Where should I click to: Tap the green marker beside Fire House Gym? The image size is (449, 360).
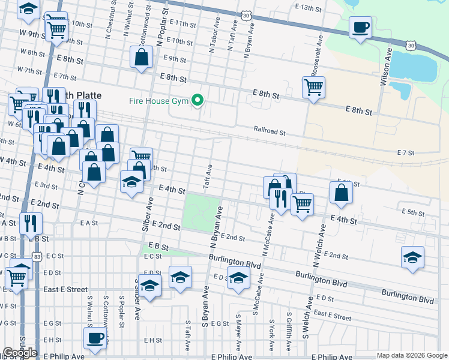point(196,100)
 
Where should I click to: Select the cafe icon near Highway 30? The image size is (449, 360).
point(360,28)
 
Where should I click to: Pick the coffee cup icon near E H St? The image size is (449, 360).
point(95,339)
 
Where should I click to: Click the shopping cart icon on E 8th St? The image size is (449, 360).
point(313,88)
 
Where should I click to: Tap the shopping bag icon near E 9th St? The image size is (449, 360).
point(142,58)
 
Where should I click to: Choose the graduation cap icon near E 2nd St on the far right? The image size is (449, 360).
point(412,258)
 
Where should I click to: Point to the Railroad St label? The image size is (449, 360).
point(268,130)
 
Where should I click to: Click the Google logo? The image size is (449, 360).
point(20,353)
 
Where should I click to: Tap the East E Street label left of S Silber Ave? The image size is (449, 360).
point(65,289)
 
